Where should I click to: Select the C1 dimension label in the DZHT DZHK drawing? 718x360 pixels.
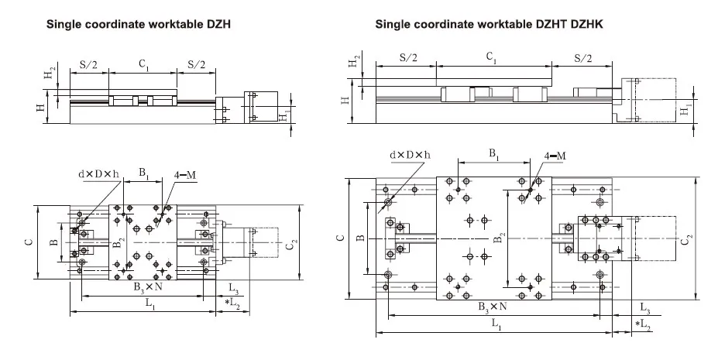pos(490,57)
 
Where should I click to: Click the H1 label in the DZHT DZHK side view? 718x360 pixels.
pos(684,110)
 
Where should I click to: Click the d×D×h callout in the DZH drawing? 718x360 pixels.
pos(98,174)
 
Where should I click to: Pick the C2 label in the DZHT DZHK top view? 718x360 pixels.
pos(685,241)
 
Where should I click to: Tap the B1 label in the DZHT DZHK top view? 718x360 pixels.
pos(493,154)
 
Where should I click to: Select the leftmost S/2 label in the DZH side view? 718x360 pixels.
pos(89,65)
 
